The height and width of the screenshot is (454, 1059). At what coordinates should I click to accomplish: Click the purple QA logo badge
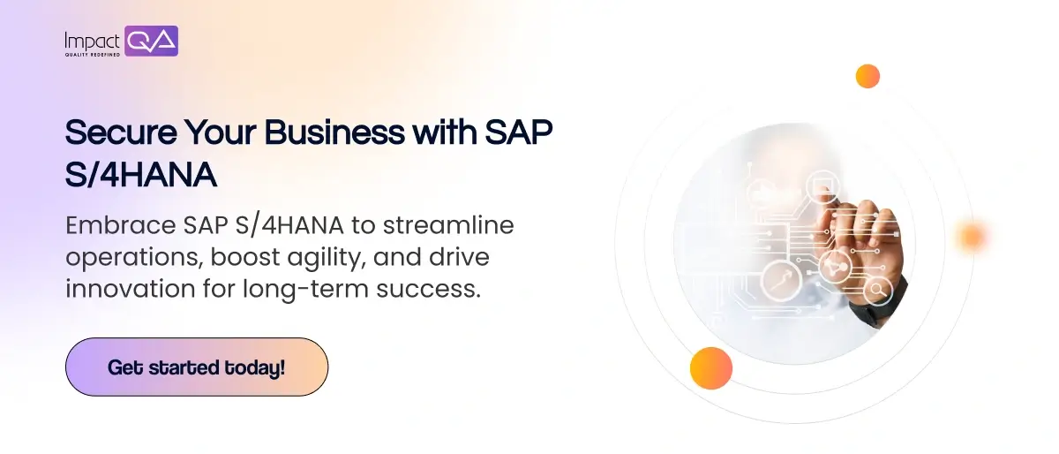pos(151,42)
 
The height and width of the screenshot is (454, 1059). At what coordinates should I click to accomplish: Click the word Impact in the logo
pos(92,41)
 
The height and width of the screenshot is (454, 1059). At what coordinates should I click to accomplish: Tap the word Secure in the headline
pos(121,132)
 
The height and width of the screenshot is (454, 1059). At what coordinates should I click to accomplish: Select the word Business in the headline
pos(334,132)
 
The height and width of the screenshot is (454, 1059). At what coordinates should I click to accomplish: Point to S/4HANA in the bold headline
pos(141,175)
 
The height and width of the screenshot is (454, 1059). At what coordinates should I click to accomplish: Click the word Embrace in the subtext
pos(121,225)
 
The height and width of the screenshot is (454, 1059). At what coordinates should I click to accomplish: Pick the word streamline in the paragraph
pos(448,225)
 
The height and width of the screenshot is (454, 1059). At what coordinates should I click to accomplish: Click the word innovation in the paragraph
pos(131,289)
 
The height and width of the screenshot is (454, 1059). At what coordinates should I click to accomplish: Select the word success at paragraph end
pos(428,290)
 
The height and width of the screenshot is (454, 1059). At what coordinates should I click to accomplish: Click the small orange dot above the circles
pos(867,76)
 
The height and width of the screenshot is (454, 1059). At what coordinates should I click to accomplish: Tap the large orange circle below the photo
pos(711,368)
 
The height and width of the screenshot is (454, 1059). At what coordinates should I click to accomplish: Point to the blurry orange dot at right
pos(972,236)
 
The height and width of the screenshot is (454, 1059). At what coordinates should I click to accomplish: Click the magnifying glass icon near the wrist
pos(878,291)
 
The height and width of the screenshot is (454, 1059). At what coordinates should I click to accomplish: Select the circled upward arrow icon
pos(781,281)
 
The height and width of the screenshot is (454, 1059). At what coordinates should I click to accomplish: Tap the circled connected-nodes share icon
pos(835,267)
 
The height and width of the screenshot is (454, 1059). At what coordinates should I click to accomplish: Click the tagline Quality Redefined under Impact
pos(93,55)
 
